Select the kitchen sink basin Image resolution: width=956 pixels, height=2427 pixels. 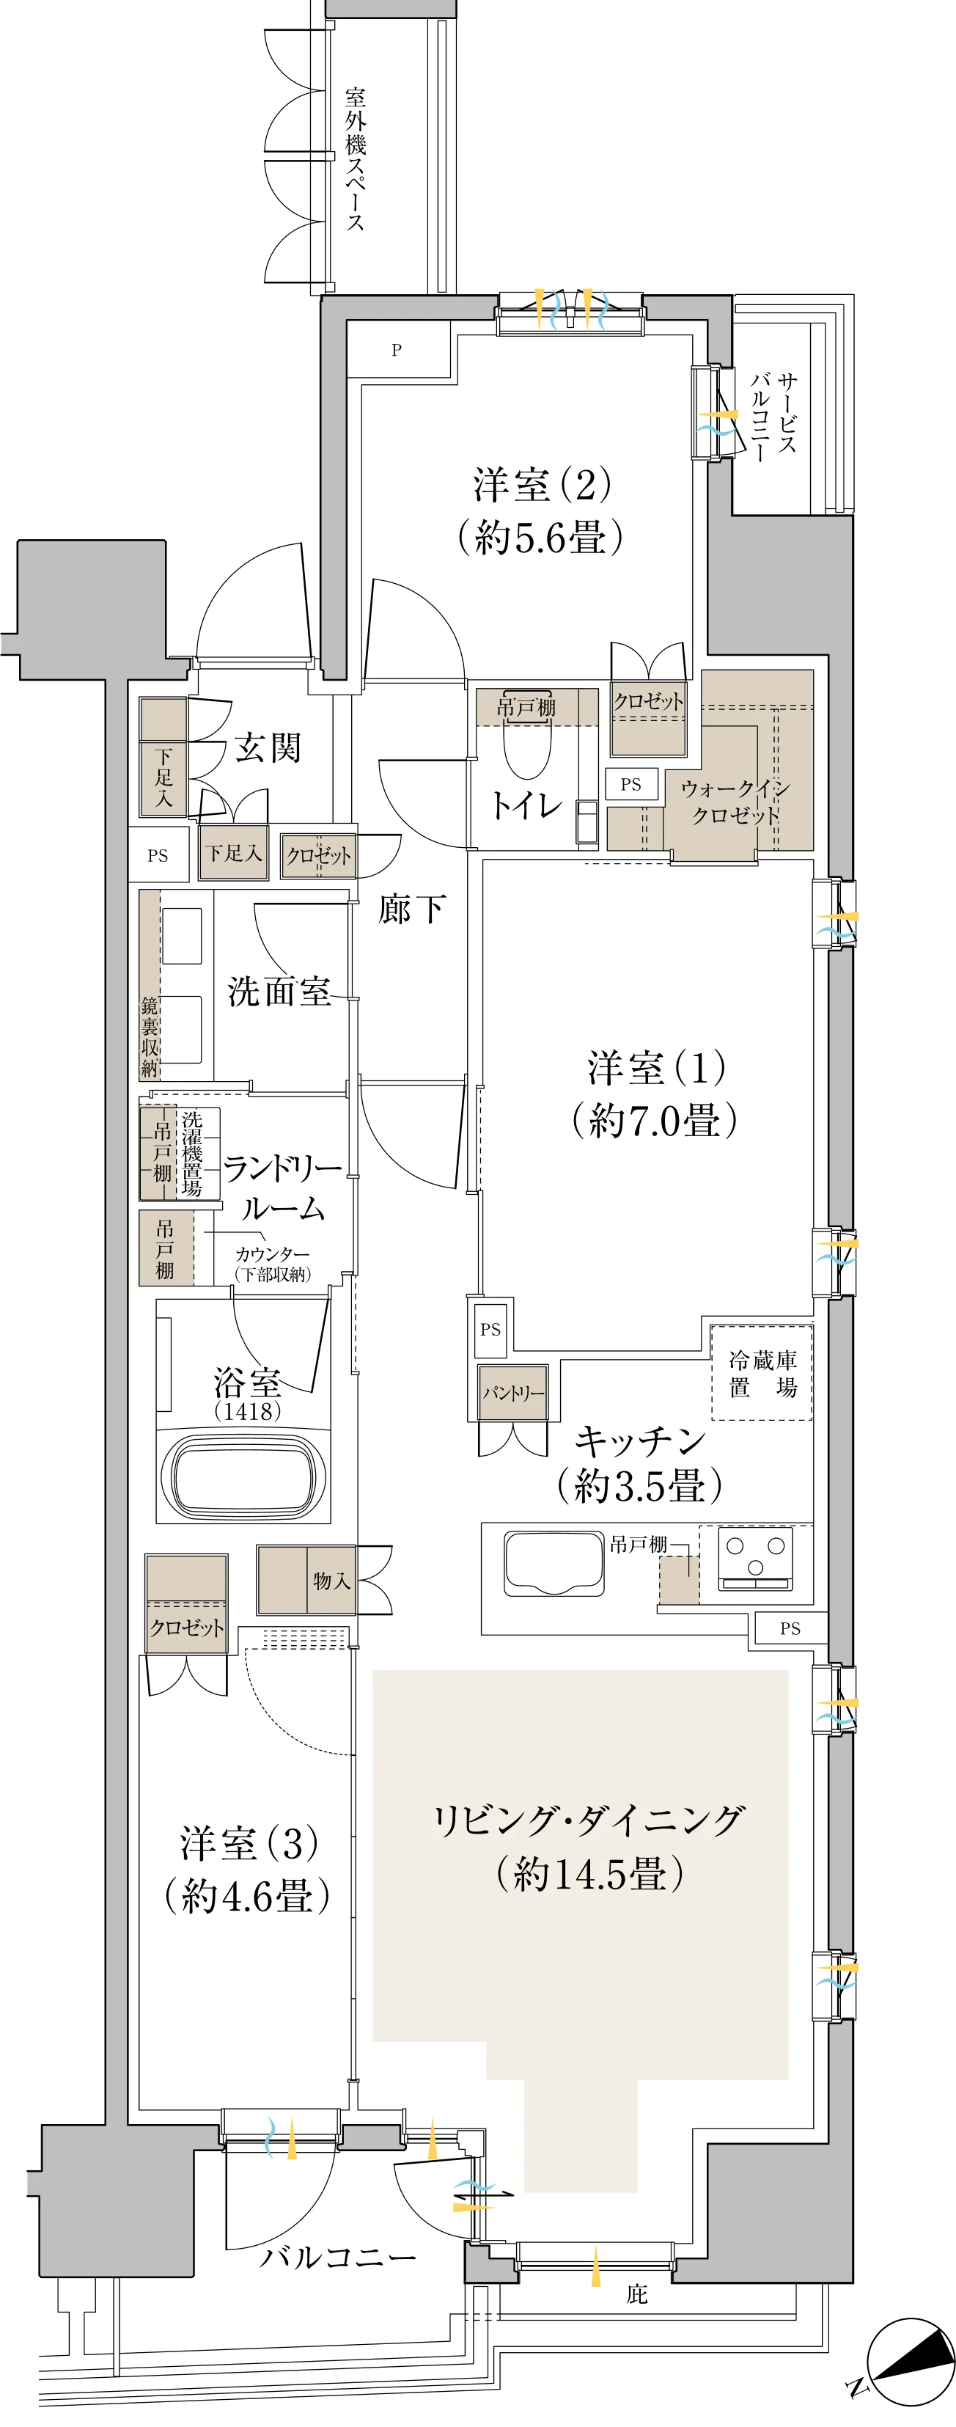pyautogui.click(x=554, y=1563)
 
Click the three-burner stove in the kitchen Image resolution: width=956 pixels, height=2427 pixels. pyautogui.click(x=754, y=1559)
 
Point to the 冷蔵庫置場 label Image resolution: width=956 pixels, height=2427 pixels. pyautogui.click(x=763, y=1374)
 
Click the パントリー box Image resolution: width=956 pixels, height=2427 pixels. pyautogui.click(x=512, y=1393)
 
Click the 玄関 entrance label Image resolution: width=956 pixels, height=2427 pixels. pyautogui.click(x=268, y=747)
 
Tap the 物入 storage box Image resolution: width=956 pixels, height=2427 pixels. pyautogui.click(x=306, y=1579)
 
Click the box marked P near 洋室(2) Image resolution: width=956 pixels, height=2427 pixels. pyautogui.click(x=397, y=350)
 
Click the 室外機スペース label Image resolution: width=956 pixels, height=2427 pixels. pyautogui.click(x=355, y=159)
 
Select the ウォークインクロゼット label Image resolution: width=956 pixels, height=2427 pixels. pyautogui.click(x=735, y=801)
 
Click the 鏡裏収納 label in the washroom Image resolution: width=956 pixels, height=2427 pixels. pyautogui.click(x=150, y=1036)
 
